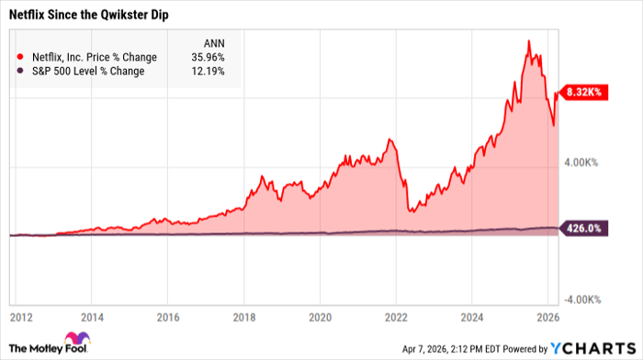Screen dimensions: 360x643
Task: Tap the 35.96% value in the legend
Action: click(205, 57)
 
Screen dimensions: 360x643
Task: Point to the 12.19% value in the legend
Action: click(205, 72)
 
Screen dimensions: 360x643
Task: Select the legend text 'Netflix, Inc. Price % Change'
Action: click(93, 57)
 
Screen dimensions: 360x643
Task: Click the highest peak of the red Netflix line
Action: click(528, 41)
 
